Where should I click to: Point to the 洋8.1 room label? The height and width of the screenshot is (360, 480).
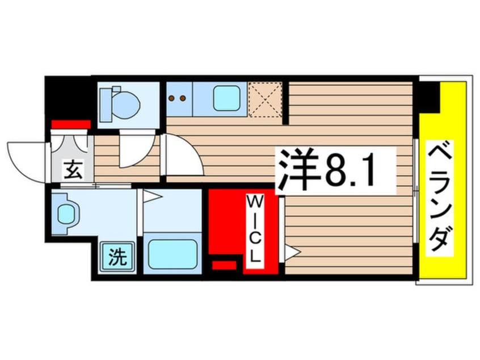[x=326, y=170]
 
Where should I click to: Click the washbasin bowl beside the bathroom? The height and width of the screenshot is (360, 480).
[x=68, y=215]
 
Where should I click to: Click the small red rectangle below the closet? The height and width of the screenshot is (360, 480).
[x=224, y=264]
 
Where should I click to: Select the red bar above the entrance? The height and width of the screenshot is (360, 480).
[x=71, y=124]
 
